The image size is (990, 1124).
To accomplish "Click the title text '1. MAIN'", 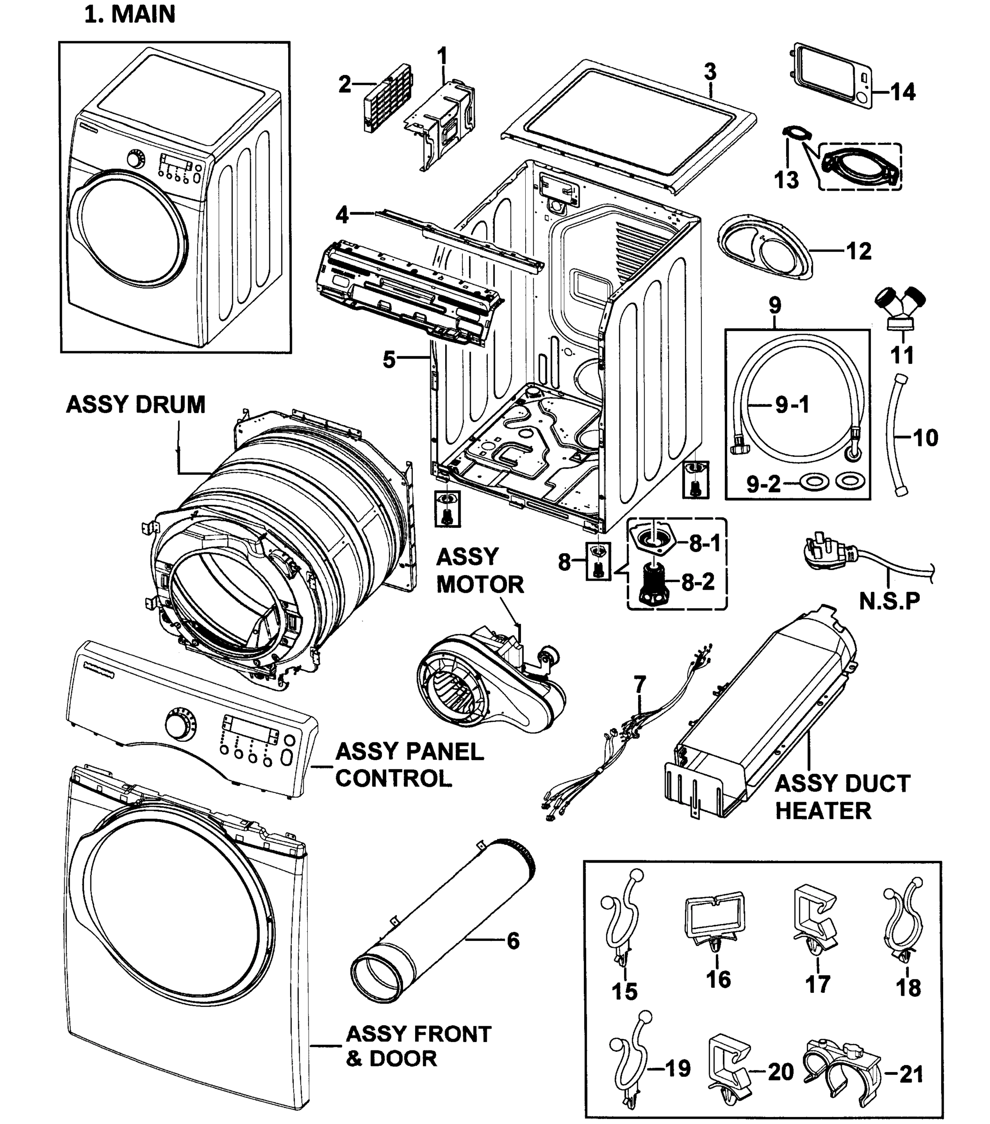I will pos(130,15).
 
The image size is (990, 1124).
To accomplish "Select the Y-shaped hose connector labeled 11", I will pos(900,308).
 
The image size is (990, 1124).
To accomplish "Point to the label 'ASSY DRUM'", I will pos(135,405).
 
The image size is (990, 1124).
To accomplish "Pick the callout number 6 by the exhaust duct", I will pos(513,941).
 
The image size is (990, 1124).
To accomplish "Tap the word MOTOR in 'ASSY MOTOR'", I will pos(480,584).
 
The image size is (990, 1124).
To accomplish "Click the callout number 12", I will pos(858,251).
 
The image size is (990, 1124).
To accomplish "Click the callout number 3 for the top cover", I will pos(710,72).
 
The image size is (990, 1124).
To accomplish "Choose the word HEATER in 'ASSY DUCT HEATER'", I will pos(823,811).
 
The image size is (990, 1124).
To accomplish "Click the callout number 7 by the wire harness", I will pos(639,685).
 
